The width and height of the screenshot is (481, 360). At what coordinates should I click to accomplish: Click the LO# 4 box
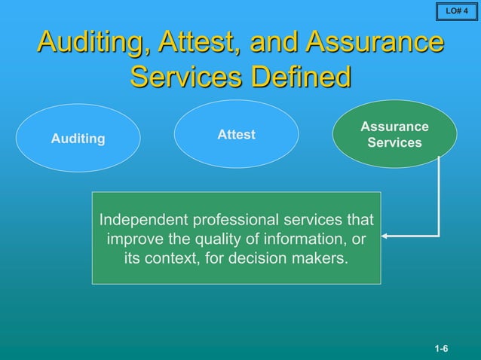457,11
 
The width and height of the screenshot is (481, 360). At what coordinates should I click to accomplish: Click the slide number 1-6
441,349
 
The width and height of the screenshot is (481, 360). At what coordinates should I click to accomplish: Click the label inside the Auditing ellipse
78,139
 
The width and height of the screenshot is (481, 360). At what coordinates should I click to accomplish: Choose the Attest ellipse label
236,135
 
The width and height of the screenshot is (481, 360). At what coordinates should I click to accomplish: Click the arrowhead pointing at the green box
385,237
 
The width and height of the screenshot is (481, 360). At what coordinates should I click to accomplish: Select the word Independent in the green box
146,221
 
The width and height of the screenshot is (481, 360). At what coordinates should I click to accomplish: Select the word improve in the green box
134,239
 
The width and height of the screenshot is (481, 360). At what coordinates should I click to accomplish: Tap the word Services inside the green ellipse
394,142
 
